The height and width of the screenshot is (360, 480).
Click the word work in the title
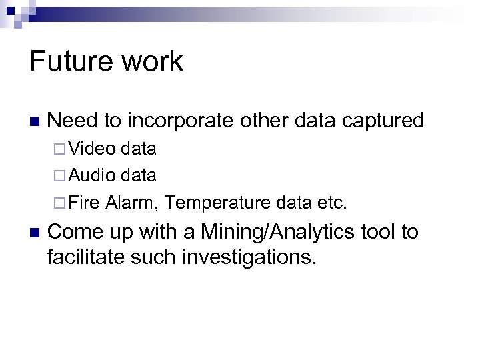tap(155, 61)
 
